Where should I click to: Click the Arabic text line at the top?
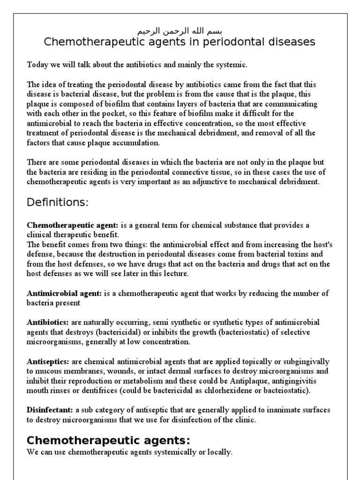180,31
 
